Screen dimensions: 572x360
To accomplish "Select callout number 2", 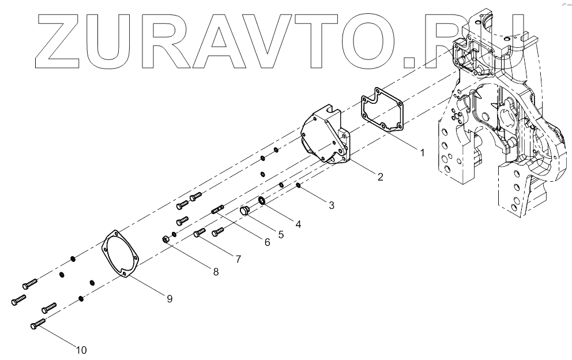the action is pos(380,177).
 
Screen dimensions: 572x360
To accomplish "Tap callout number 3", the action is pos(330,204).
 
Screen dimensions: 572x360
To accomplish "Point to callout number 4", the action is pos(298,223).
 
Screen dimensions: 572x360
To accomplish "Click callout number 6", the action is pos(267,243).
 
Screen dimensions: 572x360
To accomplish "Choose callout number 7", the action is pos(237,259).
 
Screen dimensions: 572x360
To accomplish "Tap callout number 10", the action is pos(81,349).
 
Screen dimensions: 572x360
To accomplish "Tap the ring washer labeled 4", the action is pos(261,200).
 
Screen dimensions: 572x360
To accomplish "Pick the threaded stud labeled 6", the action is pos(217,208).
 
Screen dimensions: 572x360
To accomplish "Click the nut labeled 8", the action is pos(165,238).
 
